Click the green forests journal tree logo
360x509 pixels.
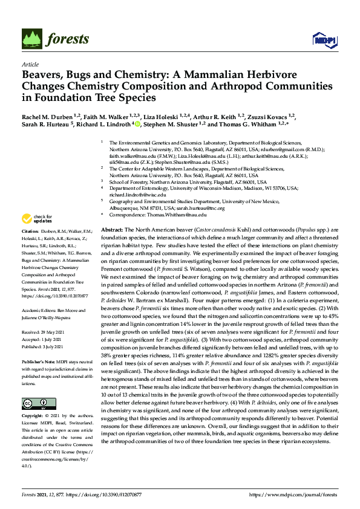[31, 39]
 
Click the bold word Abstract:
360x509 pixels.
[111, 231]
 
